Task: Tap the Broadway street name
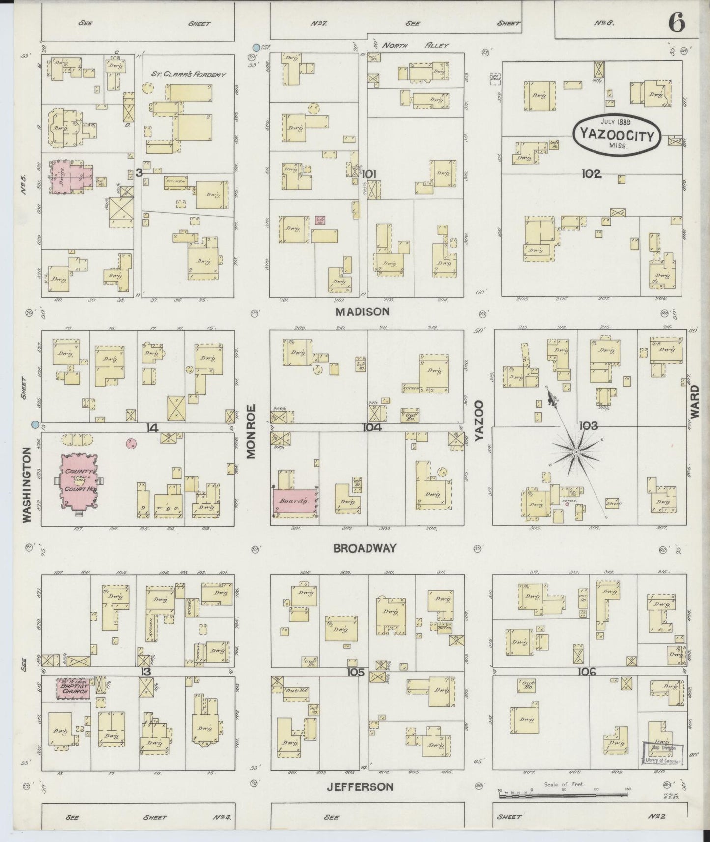tap(364, 548)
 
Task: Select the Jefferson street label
tap(360, 786)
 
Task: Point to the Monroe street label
tap(252, 431)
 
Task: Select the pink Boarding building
tap(294, 502)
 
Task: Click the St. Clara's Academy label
tap(188, 75)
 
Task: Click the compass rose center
tap(576, 451)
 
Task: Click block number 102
tap(591, 173)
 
